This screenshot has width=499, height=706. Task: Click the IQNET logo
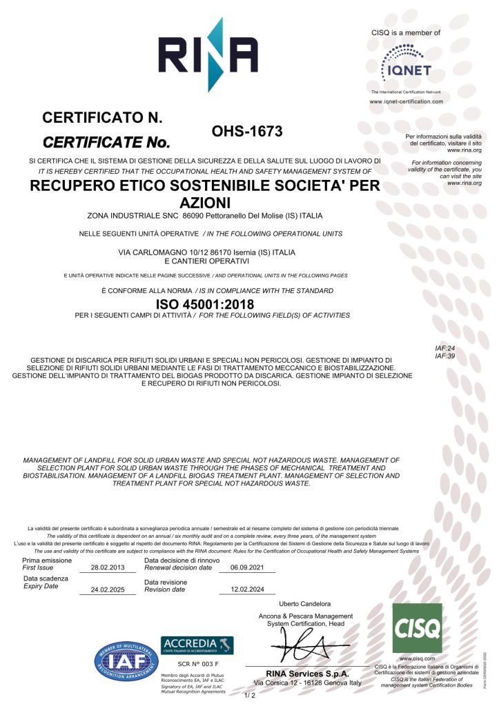click(406, 63)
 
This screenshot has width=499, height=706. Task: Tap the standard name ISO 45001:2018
click(205, 304)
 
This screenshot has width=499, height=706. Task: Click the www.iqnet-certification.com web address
click(406, 101)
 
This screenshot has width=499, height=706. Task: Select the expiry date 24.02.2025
click(109, 590)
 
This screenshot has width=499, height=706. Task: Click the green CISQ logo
click(417, 628)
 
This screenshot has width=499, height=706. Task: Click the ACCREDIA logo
click(197, 646)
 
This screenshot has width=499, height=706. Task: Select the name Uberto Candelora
click(305, 604)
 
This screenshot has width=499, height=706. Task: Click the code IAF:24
click(445, 349)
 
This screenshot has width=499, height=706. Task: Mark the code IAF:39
click(445, 356)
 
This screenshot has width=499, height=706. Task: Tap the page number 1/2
click(250, 695)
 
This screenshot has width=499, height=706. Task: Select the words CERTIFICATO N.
click(102, 118)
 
